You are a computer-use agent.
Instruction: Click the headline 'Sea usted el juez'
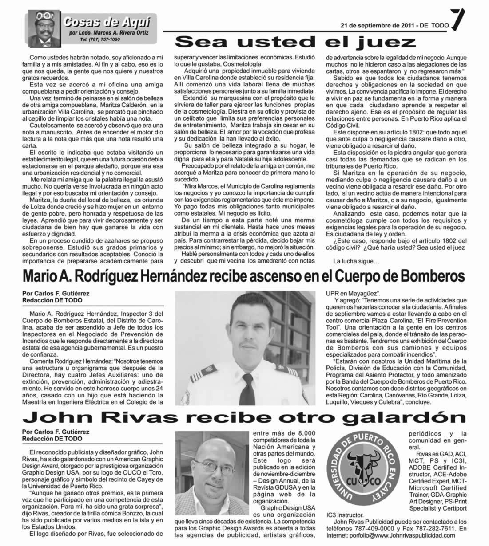click(x=295, y=42)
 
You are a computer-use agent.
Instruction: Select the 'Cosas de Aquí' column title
click(x=106, y=22)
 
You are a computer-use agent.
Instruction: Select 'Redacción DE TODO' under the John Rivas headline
click(x=52, y=438)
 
